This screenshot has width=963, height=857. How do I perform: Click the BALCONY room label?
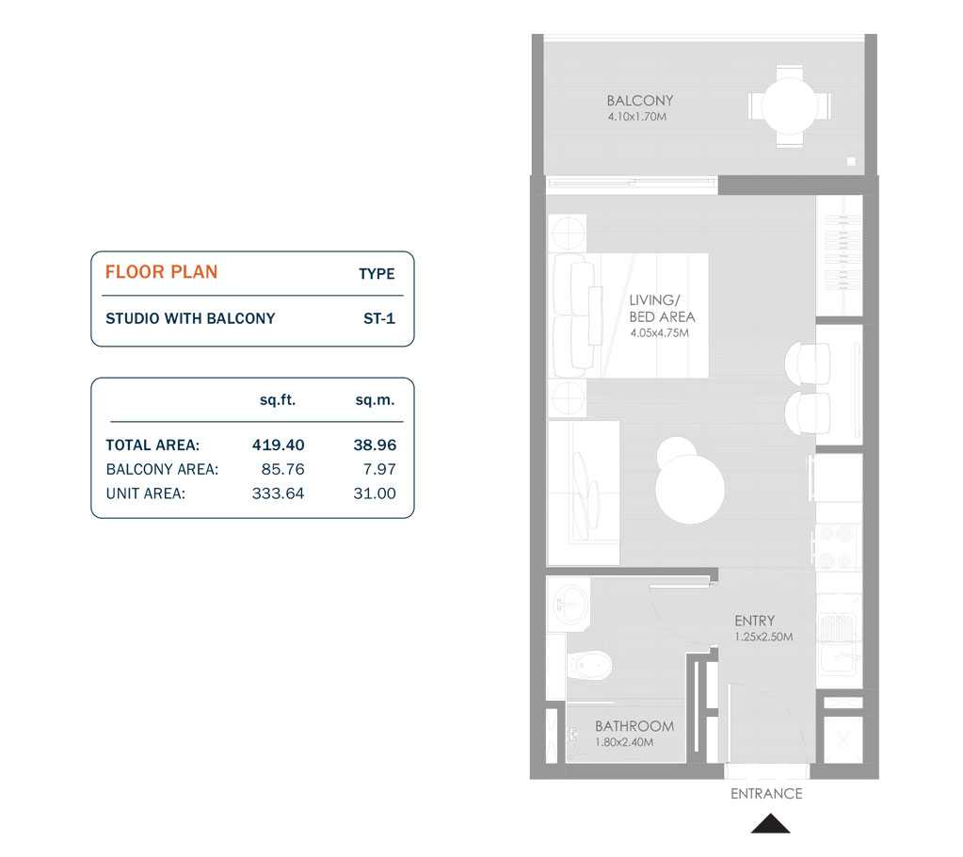(639, 101)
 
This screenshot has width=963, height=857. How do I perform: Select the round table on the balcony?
(790, 106)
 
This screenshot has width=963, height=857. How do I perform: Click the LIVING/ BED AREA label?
(662, 308)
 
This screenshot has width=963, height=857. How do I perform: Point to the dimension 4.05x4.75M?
(659, 332)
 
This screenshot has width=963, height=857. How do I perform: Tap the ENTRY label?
(754, 621)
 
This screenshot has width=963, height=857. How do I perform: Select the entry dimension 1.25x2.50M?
(763, 638)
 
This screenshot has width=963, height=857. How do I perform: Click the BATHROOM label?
(634, 726)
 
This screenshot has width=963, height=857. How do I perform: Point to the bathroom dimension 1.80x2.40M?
(624, 743)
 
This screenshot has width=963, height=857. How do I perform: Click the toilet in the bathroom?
(590, 667)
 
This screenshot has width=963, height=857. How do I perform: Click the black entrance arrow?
(770, 824)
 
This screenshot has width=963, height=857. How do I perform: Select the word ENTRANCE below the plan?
(766, 794)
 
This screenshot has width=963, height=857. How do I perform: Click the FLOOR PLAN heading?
(161, 272)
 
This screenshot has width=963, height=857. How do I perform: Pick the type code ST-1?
(378, 318)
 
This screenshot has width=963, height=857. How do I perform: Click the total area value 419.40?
(278, 445)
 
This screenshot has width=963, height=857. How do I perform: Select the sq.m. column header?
(375, 400)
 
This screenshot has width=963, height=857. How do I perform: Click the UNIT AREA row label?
(145, 493)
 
